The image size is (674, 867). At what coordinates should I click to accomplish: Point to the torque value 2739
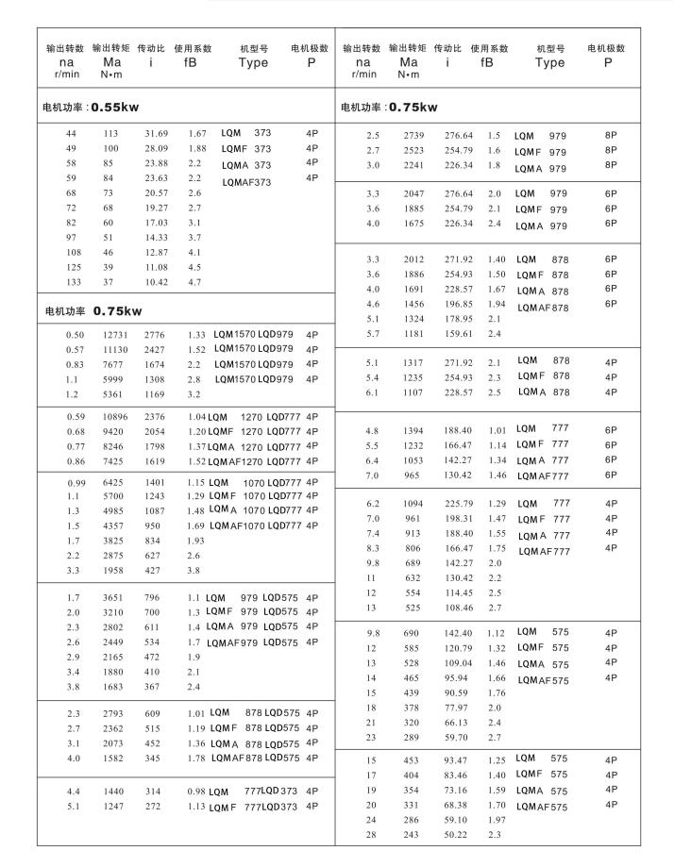click(415, 136)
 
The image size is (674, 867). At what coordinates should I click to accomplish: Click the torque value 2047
click(415, 193)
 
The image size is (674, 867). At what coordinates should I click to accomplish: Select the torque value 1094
click(415, 504)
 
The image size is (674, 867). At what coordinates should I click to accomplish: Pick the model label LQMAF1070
click(243, 525)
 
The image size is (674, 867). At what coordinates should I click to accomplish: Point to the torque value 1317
click(415, 362)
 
